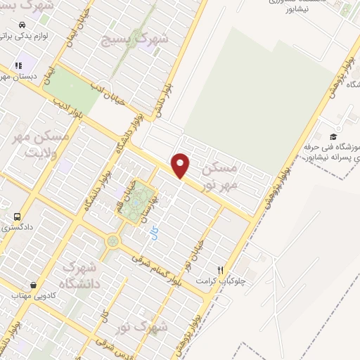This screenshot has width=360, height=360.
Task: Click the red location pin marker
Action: tap(181, 165)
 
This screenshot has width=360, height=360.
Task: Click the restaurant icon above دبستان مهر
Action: tap(18, 65)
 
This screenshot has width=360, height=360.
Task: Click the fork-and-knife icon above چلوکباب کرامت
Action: tap(221, 269)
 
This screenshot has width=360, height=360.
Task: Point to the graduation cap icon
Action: tap(333, 136)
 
